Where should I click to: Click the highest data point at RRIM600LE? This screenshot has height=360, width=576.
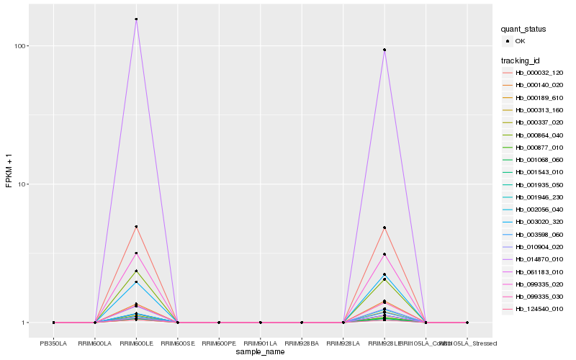[x=136, y=19]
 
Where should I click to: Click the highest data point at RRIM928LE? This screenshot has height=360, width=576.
[x=384, y=50]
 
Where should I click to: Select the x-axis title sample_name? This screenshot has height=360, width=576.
[x=260, y=352]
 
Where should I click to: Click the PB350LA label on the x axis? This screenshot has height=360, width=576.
[x=53, y=343]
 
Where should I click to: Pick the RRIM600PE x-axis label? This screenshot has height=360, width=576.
[x=219, y=343]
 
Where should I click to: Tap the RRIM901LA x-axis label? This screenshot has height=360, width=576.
[x=261, y=343]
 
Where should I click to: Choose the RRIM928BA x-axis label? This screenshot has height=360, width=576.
[x=302, y=343]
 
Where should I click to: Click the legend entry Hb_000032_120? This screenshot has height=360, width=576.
[x=539, y=73]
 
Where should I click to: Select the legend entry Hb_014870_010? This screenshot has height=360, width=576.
[x=539, y=259]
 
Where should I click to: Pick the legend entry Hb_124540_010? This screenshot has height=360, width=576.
[x=539, y=309]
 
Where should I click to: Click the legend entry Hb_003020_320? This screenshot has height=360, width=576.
[x=539, y=222]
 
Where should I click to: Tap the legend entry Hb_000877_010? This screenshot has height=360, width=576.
[x=539, y=147]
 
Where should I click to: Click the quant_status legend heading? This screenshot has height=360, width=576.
[x=523, y=29]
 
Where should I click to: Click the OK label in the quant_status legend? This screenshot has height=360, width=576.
[x=521, y=41]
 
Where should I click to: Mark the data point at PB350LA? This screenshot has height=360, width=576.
[x=53, y=323]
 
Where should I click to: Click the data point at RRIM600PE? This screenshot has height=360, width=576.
[x=219, y=323]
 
